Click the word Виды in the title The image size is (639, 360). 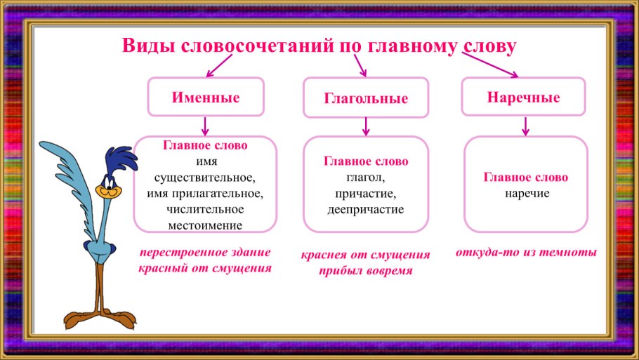(x=149, y=46)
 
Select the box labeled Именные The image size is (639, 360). (x=205, y=97)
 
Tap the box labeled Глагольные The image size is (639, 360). (x=365, y=98)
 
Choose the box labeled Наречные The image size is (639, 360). (x=523, y=97)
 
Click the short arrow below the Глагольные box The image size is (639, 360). (x=365, y=127)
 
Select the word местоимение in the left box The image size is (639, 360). (x=205, y=225)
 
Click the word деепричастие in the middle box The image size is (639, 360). (x=365, y=209)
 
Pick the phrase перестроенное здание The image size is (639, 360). (x=204, y=253)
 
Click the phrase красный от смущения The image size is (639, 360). (x=204, y=268)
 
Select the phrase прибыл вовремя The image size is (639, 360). (x=366, y=271)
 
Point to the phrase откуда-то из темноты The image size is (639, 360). (x=526, y=252)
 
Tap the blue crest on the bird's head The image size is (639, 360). (x=119, y=156)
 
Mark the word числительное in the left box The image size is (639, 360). (x=205, y=209)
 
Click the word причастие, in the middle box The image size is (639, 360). (x=365, y=193)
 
